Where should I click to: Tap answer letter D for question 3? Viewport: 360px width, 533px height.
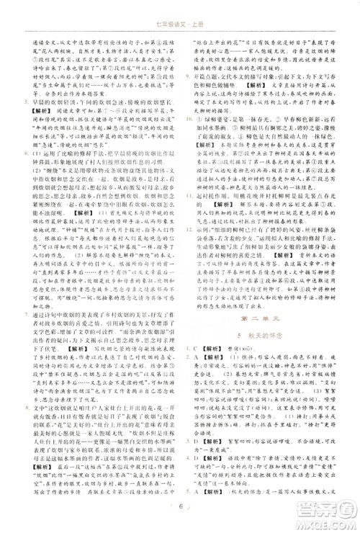click(x=198, y=471)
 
